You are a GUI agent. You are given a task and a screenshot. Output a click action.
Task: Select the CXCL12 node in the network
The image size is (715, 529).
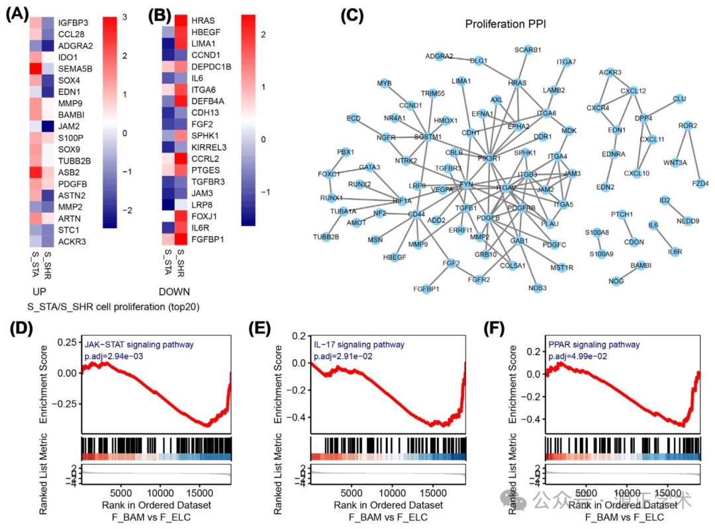pyautogui.click(x=633, y=91)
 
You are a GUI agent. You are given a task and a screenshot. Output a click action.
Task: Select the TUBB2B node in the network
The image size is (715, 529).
pyautogui.click(x=326, y=237)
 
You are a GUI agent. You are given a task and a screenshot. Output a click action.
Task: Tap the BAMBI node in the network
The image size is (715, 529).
pyautogui.click(x=640, y=265)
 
